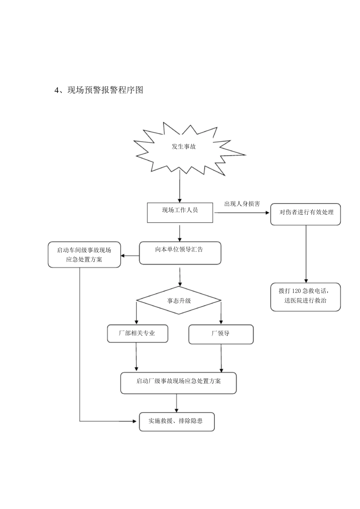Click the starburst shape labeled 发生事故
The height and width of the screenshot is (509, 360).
(x=184, y=147)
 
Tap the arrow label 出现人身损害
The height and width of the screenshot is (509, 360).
(x=242, y=204)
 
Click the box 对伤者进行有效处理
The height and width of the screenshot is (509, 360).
(x=305, y=214)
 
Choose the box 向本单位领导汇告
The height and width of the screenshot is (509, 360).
(x=180, y=253)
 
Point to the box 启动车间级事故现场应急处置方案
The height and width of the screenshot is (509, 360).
(x=84, y=255)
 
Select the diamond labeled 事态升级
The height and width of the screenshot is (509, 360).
(x=179, y=301)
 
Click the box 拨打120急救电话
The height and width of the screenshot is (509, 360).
(x=305, y=297)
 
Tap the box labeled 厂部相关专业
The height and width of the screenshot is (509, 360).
(x=137, y=334)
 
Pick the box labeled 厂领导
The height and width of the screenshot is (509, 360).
(x=221, y=334)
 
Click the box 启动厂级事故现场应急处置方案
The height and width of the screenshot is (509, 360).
(x=178, y=383)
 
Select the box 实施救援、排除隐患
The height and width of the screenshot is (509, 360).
(x=177, y=422)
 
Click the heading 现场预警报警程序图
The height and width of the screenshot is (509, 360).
(x=105, y=90)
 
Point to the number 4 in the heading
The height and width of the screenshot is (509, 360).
(x=57, y=90)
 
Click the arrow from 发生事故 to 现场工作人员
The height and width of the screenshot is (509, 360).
(x=180, y=187)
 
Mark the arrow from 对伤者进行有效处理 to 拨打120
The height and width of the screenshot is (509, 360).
(x=306, y=254)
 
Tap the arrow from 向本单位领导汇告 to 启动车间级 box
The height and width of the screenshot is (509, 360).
(x=130, y=256)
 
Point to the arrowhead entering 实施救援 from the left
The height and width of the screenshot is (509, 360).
(x=135, y=421)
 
